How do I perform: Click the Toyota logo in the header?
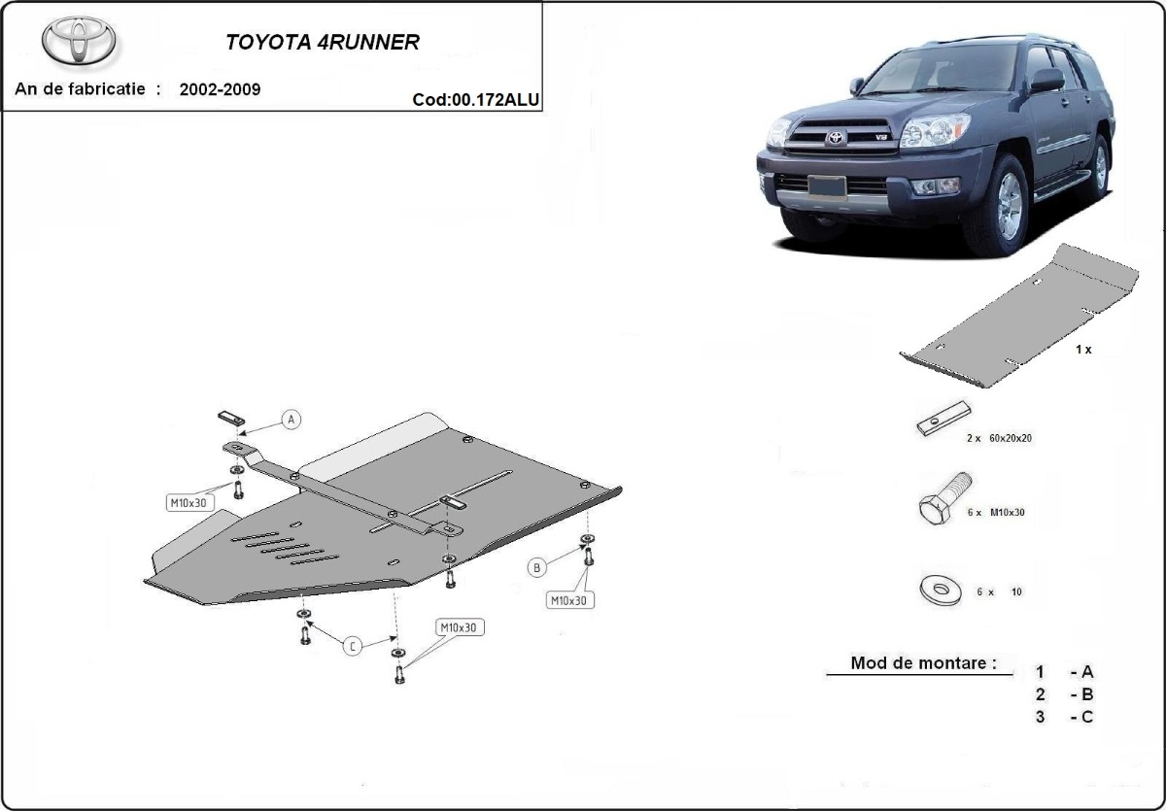[x=79, y=41]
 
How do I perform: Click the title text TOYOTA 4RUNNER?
[x=323, y=43]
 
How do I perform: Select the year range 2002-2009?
[x=220, y=89]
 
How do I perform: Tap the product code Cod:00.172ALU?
[x=475, y=98]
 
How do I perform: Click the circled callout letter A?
[x=291, y=420]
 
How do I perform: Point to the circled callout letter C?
[x=352, y=646]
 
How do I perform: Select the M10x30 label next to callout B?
[x=569, y=600]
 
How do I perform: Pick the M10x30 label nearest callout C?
[x=458, y=627]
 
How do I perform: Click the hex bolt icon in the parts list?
[x=943, y=501]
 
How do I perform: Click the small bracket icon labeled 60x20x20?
[x=942, y=419]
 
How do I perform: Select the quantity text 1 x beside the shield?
[x=1083, y=349]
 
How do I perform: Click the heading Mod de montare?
[x=923, y=664]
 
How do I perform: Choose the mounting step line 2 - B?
[x=1065, y=694]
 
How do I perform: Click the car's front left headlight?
[x=935, y=131]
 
